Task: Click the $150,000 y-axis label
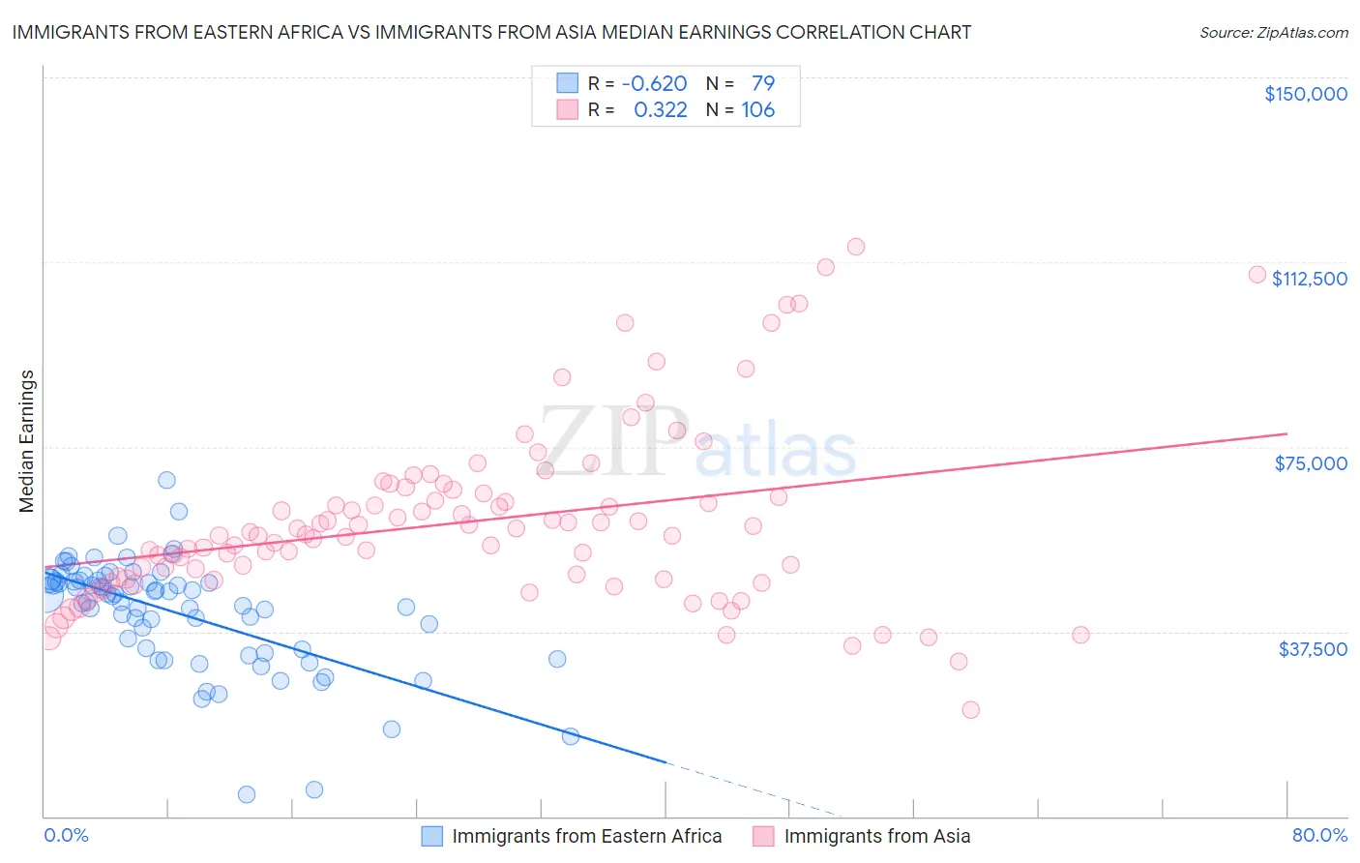point(1305,94)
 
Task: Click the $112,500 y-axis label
point(1309,279)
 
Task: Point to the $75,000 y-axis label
point(1310,463)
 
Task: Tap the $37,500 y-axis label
point(1312,649)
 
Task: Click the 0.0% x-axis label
point(66,835)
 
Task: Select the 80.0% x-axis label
point(1319,835)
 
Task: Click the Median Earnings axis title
point(27,440)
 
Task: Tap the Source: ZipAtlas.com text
point(1273,32)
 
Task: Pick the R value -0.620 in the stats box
point(654,84)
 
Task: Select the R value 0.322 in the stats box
point(660,110)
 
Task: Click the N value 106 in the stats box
point(757,110)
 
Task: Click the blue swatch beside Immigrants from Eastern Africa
point(431,836)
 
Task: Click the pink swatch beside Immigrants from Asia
point(763,836)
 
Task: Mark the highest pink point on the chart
point(855,247)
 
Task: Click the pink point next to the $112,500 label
point(1257,274)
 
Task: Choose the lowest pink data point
point(970,709)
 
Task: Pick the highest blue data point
point(166,480)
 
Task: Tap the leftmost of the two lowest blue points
point(247,794)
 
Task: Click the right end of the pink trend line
point(1286,433)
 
